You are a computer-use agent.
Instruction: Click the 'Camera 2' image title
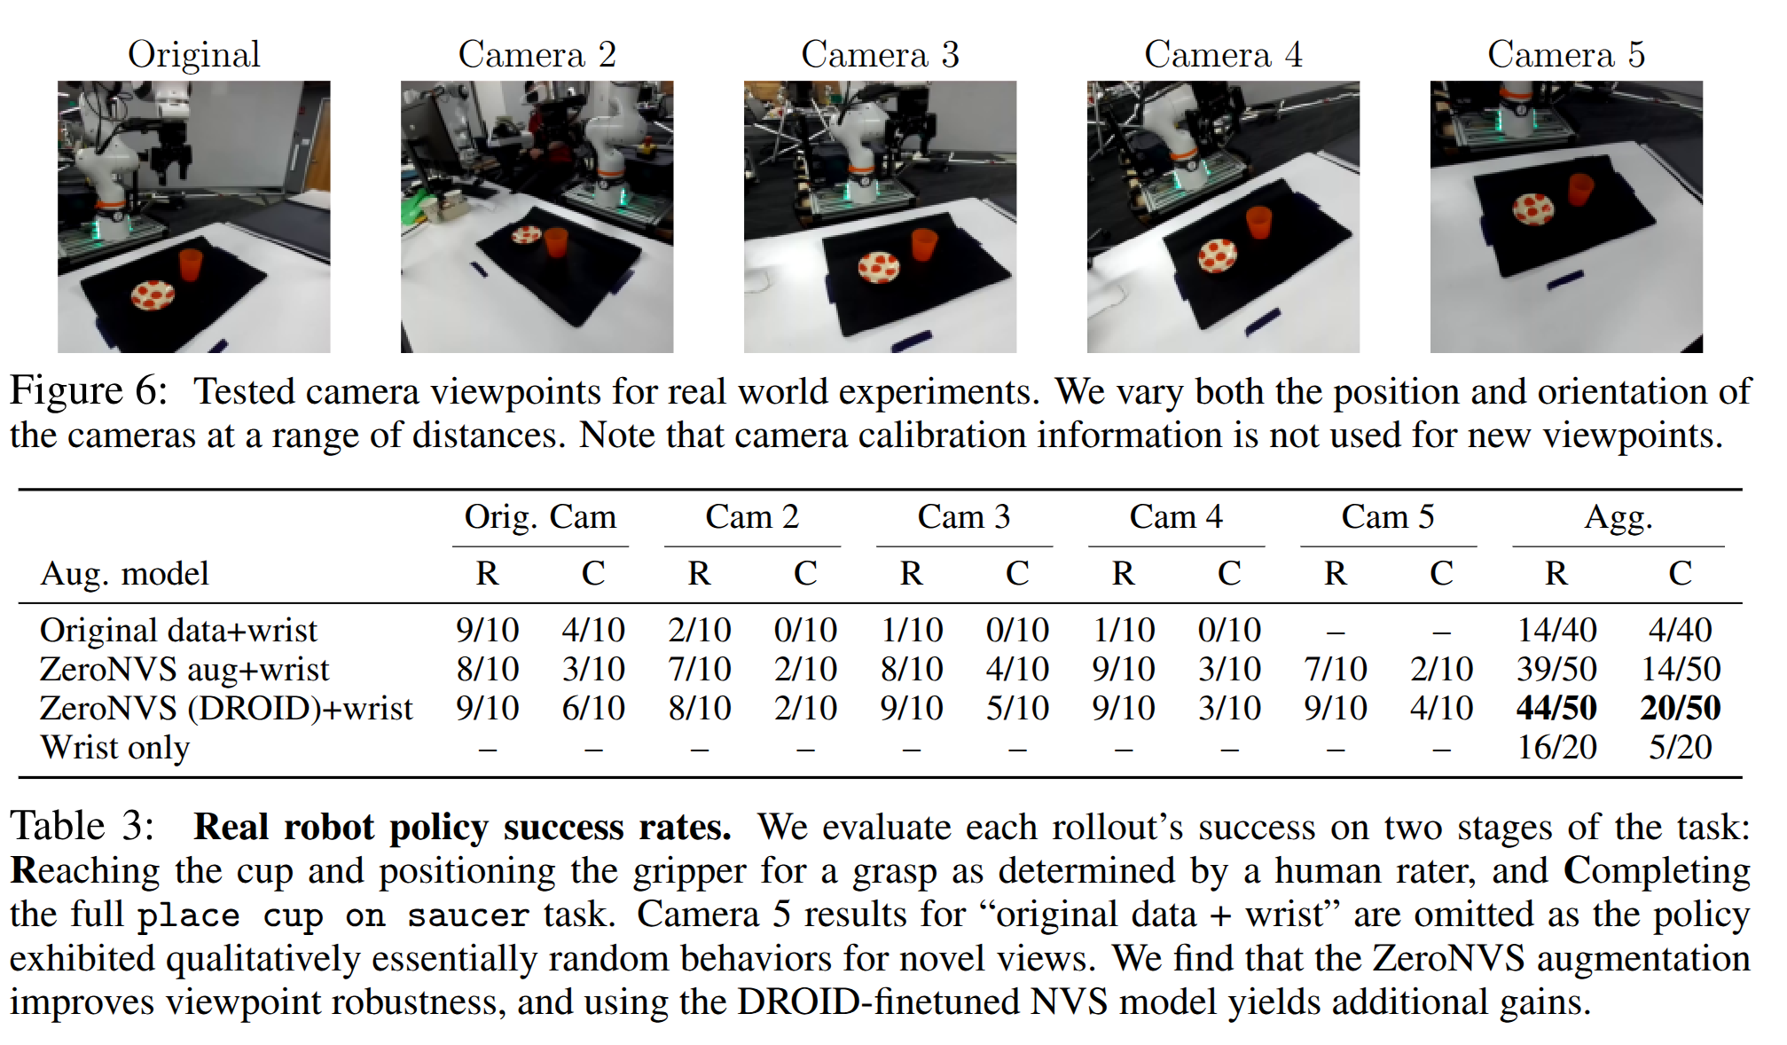tap(537, 55)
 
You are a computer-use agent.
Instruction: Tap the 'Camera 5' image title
tap(1566, 55)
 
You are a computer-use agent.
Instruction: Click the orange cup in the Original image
tap(191, 264)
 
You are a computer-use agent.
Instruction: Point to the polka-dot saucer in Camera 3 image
tap(879, 267)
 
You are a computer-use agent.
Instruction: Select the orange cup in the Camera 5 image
tap(1580, 190)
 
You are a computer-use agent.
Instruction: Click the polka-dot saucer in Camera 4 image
tap(1217, 255)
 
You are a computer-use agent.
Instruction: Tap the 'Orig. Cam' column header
tap(540, 516)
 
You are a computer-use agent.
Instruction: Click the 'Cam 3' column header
tap(964, 516)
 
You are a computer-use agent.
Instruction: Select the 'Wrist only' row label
tap(115, 748)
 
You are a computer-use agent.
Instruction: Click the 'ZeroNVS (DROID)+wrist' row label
tap(226, 709)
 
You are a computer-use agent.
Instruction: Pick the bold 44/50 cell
tap(1556, 708)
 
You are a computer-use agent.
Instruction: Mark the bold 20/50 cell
tap(1681, 708)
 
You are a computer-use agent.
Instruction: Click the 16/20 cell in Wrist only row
tap(1556, 747)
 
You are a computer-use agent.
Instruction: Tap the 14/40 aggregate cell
tap(1556, 630)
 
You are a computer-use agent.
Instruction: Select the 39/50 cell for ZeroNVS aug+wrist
tap(1556, 669)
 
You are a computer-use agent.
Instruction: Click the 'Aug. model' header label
tap(125, 574)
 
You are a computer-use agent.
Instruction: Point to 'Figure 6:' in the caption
tap(89, 391)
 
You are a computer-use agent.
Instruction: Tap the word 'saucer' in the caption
tap(467, 915)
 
